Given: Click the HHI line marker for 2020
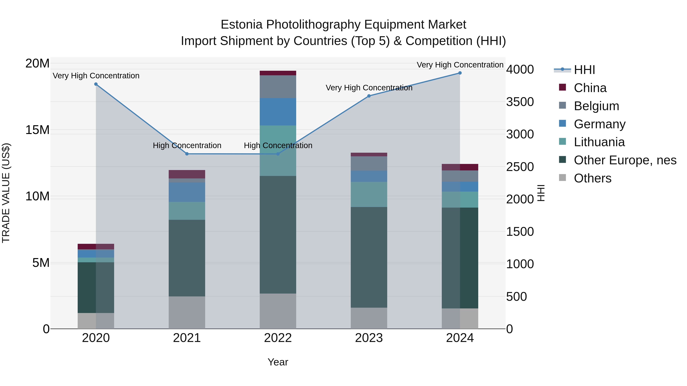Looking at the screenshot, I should point(96,84).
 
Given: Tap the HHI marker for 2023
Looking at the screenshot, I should point(369,96).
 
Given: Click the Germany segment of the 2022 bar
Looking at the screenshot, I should point(278,112).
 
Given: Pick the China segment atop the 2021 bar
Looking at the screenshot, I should point(187,174).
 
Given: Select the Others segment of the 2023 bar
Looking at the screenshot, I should point(369,318).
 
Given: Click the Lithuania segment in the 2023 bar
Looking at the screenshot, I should point(369,194).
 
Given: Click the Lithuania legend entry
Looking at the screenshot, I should point(599,142).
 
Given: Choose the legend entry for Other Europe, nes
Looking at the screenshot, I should point(625,160).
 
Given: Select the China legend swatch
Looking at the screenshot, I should point(562,87).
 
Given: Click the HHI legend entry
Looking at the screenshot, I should point(584,70).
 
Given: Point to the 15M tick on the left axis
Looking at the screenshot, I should point(37,130).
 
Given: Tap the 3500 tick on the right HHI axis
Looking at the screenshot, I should point(520,102).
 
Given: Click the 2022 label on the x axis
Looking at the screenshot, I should point(278,338).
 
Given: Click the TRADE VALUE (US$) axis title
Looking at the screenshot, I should point(6,193).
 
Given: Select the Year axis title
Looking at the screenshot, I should point(278,362).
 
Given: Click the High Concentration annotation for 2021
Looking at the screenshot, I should point(187,145).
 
